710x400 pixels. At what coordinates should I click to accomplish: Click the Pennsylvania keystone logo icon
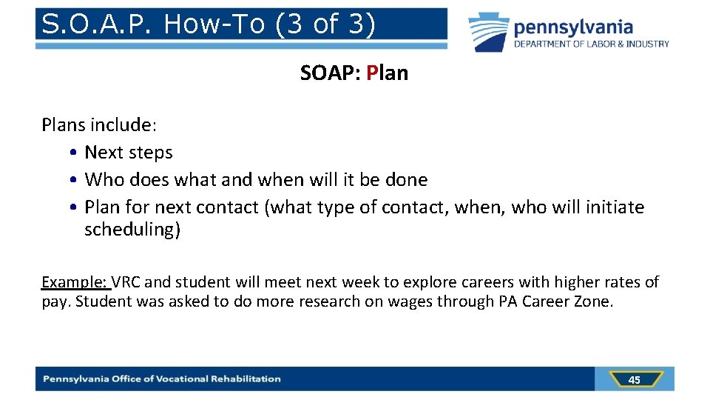(489, 33)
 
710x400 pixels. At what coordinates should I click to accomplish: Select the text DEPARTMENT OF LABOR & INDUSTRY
(592, 44)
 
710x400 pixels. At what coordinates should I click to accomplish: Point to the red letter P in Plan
(371, 73)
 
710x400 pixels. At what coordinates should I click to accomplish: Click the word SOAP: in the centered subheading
(330, 73)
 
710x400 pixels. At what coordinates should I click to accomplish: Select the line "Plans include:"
(99, 124)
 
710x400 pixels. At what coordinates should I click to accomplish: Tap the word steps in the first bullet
(150, 153)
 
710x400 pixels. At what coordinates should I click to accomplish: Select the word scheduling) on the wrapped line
(132, 230)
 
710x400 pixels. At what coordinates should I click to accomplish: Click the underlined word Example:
(75, 282)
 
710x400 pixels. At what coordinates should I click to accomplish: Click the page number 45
(634, 380)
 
